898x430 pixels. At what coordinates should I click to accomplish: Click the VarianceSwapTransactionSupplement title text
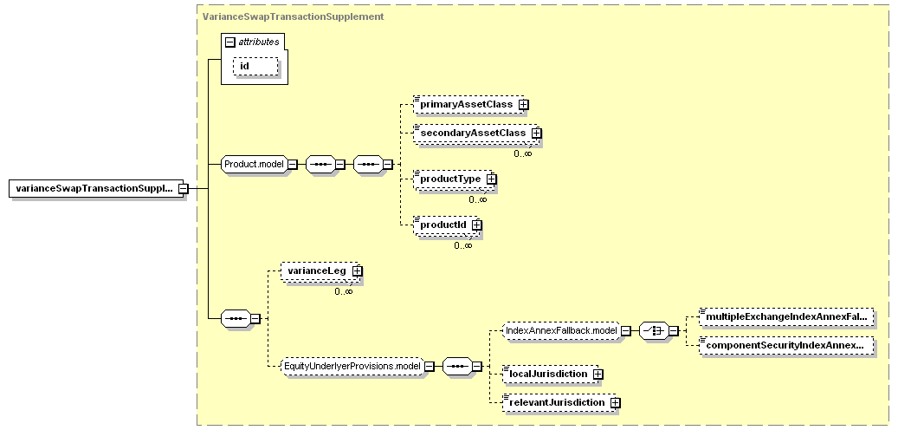click(x=294, y=16)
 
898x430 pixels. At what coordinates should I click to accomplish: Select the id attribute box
click(x=255, y=66)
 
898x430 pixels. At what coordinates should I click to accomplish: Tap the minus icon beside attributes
click(x=230, y=42)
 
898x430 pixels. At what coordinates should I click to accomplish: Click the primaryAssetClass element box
click(x=468, y=105)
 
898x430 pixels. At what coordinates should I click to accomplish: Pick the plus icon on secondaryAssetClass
click(x=536, y=133)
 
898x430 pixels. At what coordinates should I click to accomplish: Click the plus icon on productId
click(x=476, y=225)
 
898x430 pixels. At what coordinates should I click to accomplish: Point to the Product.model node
click(x=254, y=165)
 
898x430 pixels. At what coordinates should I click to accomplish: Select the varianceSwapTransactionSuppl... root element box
click(x=95, y=189)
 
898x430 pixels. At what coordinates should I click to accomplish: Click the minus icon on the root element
click(x=184, y=189)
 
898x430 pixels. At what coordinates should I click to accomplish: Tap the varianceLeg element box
click(x=320, y=270)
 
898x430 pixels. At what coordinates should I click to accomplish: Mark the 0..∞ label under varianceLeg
click(x=344, y=291)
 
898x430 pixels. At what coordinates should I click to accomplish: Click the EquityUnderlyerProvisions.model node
click(x=352, y=366)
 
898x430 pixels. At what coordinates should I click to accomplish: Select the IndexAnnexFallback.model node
click(x=561, y=331)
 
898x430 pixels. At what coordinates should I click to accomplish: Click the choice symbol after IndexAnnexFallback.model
click(x=654, y=331)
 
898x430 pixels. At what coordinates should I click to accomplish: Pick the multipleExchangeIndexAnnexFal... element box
click(x=787, y=316)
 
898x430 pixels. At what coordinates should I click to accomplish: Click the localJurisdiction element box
click(x=550, y=375)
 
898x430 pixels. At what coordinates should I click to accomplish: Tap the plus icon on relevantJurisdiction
click(x=615, y=403)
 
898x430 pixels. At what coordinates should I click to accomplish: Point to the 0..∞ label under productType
click(x=478, y=199)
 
